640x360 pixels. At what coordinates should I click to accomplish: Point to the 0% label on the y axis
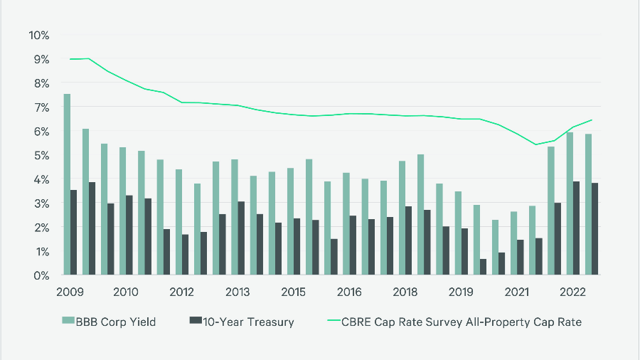[x=41, y=275]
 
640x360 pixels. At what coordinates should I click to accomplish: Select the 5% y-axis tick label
[x=41, y=155]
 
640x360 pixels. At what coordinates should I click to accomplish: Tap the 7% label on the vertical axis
[x=41, y=107]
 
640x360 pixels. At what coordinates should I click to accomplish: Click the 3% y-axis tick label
[x=41, y=203]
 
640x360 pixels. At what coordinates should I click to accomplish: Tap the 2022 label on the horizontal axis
[x=573, y=292]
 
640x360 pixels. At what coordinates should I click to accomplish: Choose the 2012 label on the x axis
[x=182, y=292]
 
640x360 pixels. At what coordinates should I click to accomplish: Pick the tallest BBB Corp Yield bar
[x=67, y=184]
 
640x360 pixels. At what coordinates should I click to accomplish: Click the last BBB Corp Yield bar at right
[x=589, y=204]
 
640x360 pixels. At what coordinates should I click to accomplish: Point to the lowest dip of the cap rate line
[x=535, y=144]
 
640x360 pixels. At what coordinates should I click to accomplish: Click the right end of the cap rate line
[x=592, y=120]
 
